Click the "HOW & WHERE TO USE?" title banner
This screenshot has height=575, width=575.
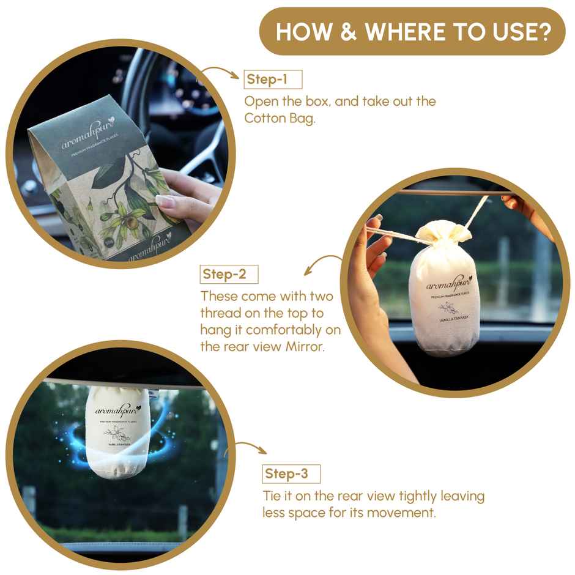click(x=412, y=32)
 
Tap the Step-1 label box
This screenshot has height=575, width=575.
click(x=273, y=80)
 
